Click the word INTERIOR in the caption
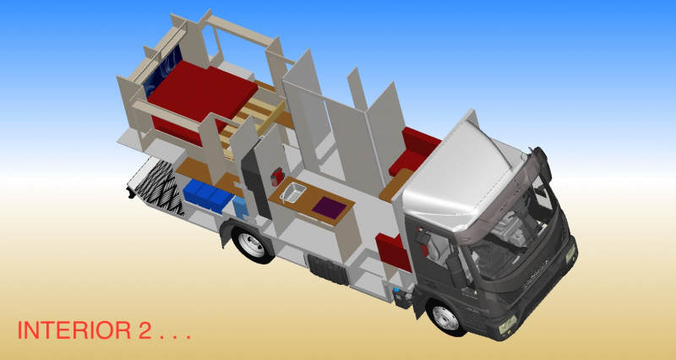point(74,330)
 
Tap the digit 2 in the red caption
point(145,330)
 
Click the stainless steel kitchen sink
point(292,192)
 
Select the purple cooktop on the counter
point(330,207)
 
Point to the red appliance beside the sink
point(277,177)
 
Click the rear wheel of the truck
point(251,244)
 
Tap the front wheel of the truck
point(445,317)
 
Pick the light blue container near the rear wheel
point(239,206)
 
